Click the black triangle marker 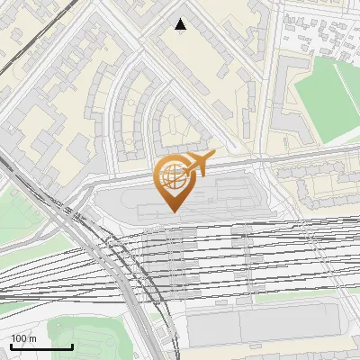(181, 24)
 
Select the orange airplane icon (199, 163)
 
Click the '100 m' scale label (24, 338)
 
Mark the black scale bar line (41, 346)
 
